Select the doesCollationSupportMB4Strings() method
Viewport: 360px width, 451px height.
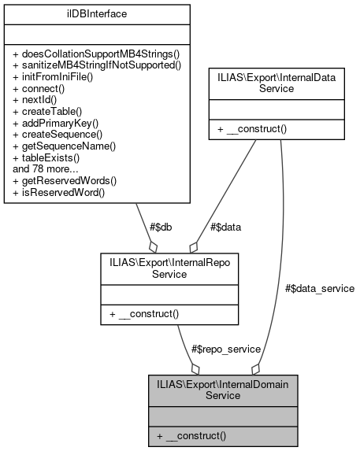pyautogui.click(x=95, y=54)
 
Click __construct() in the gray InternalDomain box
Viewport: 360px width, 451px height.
pyautogui.click(x=194, y=434)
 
